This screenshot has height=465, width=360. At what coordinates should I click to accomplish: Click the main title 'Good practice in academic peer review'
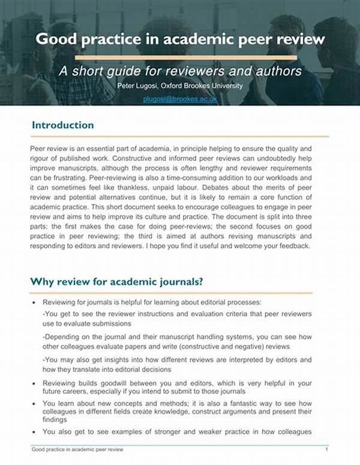(180, 40)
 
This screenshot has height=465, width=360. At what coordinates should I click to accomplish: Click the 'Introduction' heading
(62, 125)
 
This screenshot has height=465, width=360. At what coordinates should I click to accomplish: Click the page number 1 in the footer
(326, 449)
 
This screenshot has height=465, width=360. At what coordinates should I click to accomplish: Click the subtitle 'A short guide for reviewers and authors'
(179, 71)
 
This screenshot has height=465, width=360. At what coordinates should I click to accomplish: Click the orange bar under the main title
(179, 57)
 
